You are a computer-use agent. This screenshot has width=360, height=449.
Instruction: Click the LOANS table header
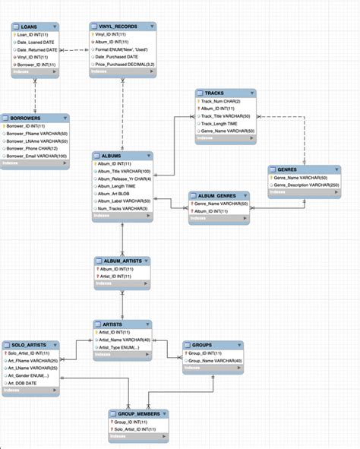pos(31,27)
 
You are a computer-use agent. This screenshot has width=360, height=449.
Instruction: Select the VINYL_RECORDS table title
pos(113,27)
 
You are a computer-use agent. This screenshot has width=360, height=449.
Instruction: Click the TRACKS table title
pos(214,93)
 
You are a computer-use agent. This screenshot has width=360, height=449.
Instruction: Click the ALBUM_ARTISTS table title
pos(123,261)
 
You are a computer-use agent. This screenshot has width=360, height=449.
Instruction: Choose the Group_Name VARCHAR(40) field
pos(214,361)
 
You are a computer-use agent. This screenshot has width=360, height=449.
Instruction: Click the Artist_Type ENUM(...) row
pos(119,347)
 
